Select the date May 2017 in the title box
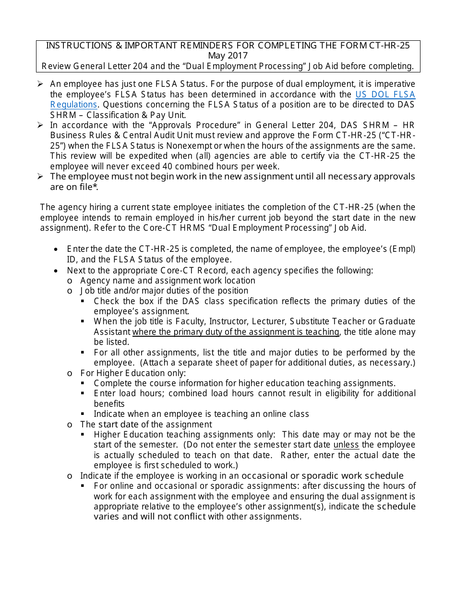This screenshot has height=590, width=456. (x=228, y=56)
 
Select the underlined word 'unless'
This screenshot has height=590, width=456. (x=346, y=445)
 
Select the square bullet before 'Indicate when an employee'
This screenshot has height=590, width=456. (x=83, y=414)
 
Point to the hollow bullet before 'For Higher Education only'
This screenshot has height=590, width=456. (x=70, y=373)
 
